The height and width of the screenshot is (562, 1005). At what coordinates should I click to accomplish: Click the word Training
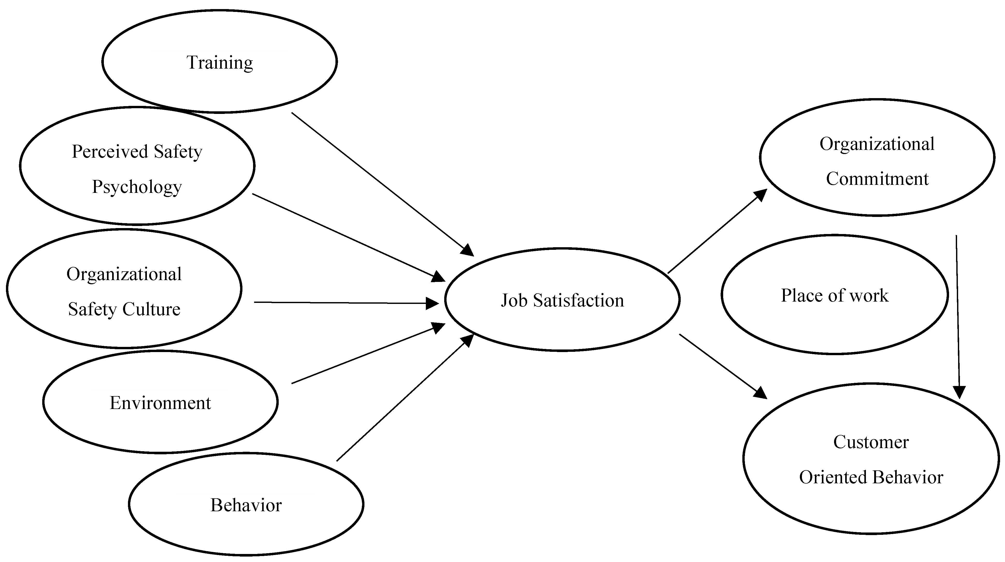pos(220,62)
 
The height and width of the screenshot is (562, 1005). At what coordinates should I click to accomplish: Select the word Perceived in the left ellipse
pos(110,151)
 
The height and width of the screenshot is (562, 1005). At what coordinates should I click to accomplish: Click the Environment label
pos(160,403)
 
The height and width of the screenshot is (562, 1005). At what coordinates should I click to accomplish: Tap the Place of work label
pos(835,295)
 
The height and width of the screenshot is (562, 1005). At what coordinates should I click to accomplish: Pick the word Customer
pos(871,442)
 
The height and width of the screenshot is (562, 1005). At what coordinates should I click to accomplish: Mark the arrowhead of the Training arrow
pos(467,250)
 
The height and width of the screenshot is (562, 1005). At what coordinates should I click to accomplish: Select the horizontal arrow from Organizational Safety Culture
pos(343,303)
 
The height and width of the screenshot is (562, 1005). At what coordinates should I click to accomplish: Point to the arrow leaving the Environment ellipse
pos(363,355)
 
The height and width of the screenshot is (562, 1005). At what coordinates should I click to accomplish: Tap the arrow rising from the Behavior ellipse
pos(402,400)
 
